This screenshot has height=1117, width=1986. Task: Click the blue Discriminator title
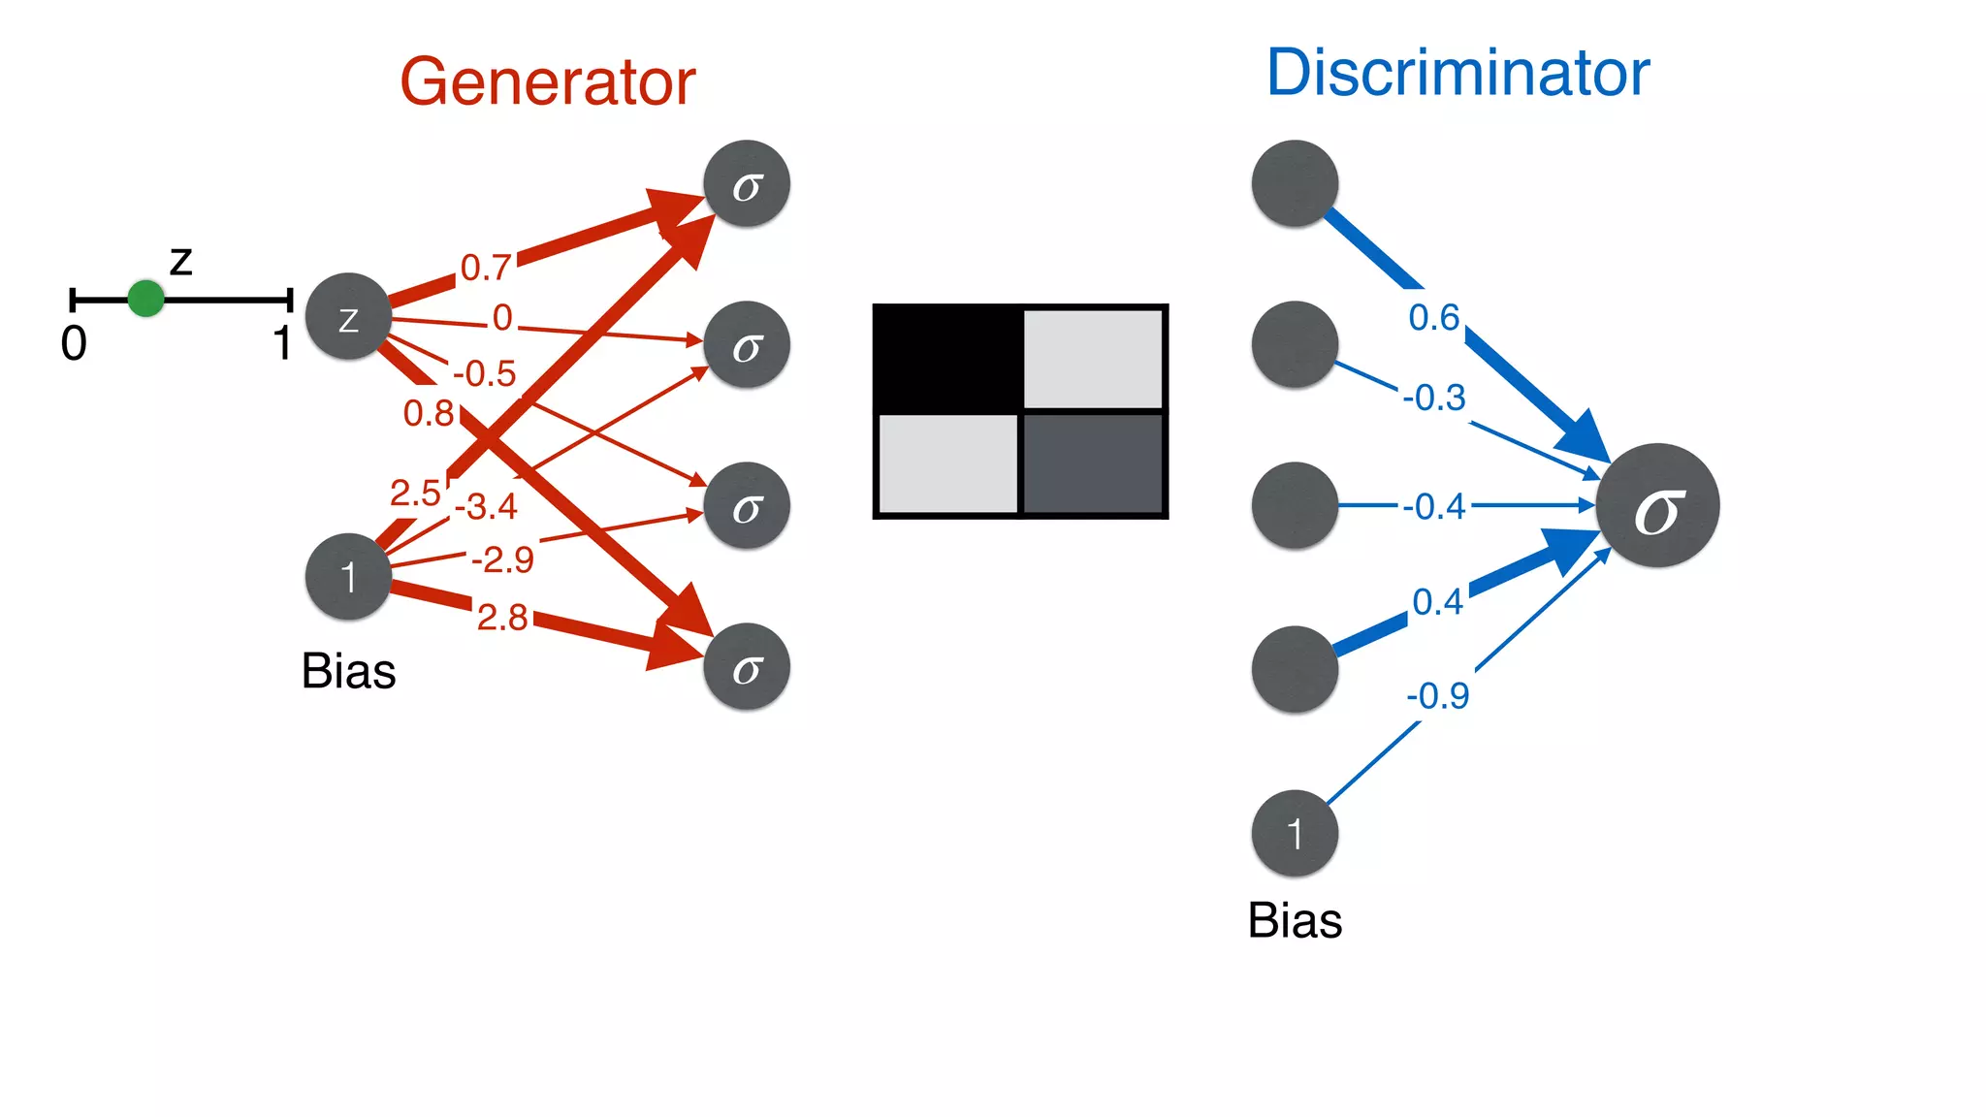[x=1457, y=73]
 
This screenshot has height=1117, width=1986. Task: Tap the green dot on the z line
[x=145, y=299]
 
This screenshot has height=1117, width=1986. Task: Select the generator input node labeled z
[x=348, y=317]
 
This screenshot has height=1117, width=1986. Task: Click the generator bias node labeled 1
[x=348, y=577]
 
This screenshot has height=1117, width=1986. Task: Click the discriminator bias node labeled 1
[x=1295, y=834]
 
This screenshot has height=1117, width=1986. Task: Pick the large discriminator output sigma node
[x=1657, y=506]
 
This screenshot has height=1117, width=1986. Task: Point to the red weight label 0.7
[x=485, y=267]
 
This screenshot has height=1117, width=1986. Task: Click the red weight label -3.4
[x=486, y=506]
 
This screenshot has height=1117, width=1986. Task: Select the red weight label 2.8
[x=502, y=617]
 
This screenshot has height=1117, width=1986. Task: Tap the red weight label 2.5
[x=415, y=493]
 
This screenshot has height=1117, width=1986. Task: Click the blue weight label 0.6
[x=1433, y=317]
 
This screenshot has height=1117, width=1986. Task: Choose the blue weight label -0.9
[x=1438, y=695]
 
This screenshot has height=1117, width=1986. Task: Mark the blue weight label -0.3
[x=1434, y=398]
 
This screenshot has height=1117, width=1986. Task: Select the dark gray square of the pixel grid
[x=1093, y=463]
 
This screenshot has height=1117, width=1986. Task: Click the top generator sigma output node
[x=747, y=184]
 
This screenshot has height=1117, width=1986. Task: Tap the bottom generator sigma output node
[x=747, y=667]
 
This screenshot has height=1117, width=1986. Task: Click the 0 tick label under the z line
[x=74, y=343]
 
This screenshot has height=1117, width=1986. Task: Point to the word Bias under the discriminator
[x=1295, y=920]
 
